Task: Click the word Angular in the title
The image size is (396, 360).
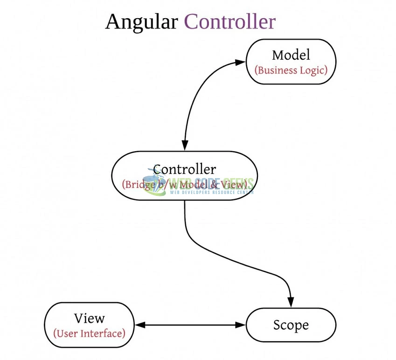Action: tap(141, 22)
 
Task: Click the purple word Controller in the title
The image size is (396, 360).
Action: tap(229, 22)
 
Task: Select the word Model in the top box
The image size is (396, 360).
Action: tap(291, 55)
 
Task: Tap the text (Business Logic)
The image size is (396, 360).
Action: tap(291, 70)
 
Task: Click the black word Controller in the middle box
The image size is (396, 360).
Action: tap(184, 169)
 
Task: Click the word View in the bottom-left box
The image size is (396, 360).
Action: tap(89, 318)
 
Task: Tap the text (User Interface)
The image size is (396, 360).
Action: tap(89, 334)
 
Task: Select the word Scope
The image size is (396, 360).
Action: tap(291, 325)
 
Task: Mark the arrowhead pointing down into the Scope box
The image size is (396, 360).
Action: tap(291, 302)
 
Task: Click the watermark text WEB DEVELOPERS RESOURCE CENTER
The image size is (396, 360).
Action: tap(211, 192)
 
